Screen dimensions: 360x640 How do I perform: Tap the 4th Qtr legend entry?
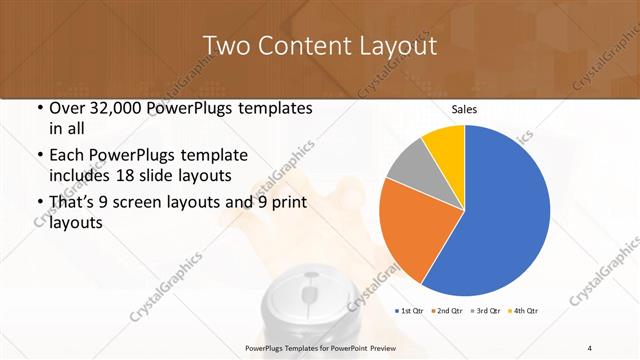[x=522, y=312]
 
